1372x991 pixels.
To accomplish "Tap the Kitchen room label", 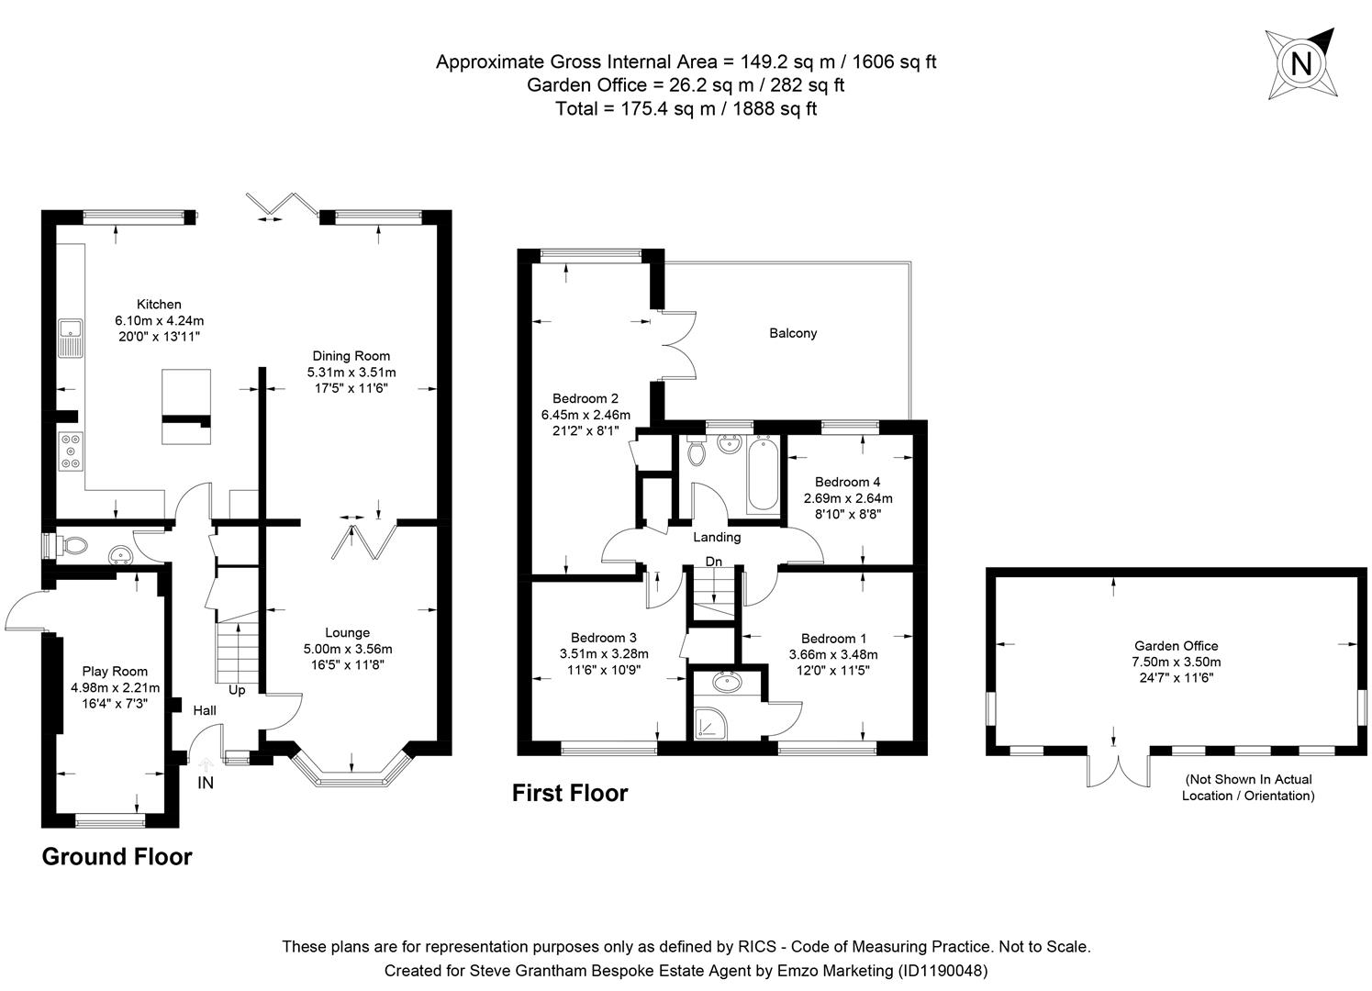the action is pos(159,305).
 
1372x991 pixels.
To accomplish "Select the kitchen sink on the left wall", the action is pos(71,338).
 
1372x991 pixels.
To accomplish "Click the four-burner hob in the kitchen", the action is pos(71,451).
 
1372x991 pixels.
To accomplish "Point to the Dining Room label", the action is pos(351,356).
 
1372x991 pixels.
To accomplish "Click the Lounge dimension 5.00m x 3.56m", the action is pos(348,649).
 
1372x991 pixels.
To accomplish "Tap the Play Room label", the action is pos(115,672).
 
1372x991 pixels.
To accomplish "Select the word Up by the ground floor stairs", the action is pos(237,690).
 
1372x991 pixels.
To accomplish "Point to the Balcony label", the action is pos(793,333).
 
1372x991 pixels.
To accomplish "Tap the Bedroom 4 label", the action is pos(848,482).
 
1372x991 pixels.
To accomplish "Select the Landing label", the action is pos(717,538).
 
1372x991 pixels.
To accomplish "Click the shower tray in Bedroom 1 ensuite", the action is pos(710,724).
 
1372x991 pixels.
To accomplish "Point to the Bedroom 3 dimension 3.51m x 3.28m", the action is pos(604,653).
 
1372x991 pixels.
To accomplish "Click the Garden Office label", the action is pos(1176,646).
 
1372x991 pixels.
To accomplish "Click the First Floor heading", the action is pos(570,793).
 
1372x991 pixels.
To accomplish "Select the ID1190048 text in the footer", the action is pos(943,971).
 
